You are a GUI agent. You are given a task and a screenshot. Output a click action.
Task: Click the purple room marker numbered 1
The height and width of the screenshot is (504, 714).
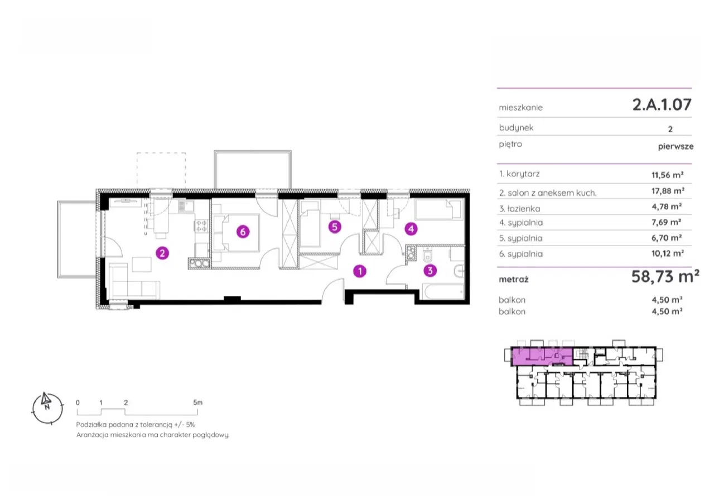point(361,271)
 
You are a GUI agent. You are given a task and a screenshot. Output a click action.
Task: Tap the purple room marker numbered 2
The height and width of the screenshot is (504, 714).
point(162,253)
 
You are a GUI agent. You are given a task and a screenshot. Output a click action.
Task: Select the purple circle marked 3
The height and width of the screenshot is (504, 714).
point(430,271)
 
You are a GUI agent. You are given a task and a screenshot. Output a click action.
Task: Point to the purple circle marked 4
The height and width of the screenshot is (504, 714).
point(411,228)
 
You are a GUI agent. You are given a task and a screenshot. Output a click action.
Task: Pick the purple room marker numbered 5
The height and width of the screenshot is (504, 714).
point(334,227)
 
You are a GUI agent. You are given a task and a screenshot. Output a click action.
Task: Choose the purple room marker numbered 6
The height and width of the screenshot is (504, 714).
point(242,232)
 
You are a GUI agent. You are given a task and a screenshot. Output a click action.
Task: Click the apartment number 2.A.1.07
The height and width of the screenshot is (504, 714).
point(662,104)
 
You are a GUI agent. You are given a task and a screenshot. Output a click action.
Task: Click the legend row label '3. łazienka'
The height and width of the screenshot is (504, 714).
point(520,209)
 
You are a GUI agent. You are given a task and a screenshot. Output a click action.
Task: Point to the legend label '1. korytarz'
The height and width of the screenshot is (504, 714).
point(519,174)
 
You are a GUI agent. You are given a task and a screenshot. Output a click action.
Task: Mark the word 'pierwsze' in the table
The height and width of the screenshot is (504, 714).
point(675,146)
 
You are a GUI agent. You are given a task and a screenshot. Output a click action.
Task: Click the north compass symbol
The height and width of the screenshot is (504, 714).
point(44,405)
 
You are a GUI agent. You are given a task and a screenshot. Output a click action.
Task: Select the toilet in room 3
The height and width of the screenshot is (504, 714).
point(427,256)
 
